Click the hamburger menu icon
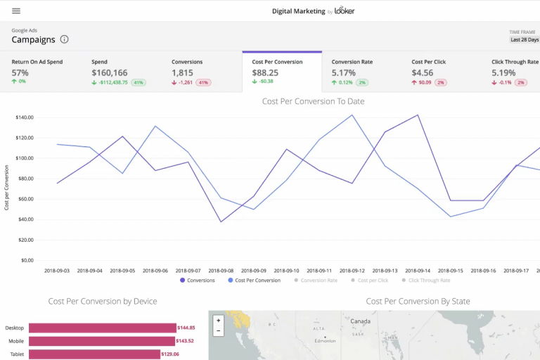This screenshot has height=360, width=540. point(16,11)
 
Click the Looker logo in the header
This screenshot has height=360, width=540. point(345,11)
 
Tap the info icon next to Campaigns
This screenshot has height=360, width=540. point(65,40)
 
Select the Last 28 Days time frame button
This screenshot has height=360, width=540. point(523,40)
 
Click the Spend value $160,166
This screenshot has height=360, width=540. point(110,72)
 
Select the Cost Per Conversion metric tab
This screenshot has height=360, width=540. point(282,71)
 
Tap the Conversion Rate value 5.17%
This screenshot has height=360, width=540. point(345,72)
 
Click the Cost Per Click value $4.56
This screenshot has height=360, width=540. point(423,72)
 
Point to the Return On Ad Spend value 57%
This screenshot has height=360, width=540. point(20,72)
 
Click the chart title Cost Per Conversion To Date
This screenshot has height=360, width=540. point(313,101)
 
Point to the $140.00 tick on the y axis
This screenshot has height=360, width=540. point(25,117)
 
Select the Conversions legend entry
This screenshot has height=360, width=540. point(198,281)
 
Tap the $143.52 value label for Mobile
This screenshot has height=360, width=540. point(186,341)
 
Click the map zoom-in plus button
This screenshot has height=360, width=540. point(219,321)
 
